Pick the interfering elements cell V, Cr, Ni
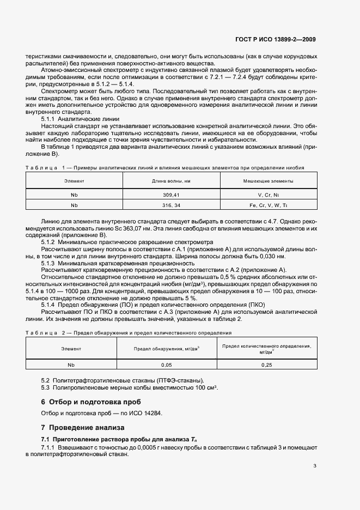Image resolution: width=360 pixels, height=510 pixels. tap(268, 194)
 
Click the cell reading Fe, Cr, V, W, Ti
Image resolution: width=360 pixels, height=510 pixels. tap(268, 205)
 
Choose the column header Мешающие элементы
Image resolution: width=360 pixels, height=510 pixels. tap(268, 180)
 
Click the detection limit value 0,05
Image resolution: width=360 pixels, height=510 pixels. tap(167, 365)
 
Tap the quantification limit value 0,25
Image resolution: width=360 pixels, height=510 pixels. tap(267, 365)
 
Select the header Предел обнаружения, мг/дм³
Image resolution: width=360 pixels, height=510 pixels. tap(167, 348)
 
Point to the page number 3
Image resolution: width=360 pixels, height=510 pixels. tap(315, 465)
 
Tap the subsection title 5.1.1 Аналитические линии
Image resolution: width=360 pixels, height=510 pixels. tap(81, 118)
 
